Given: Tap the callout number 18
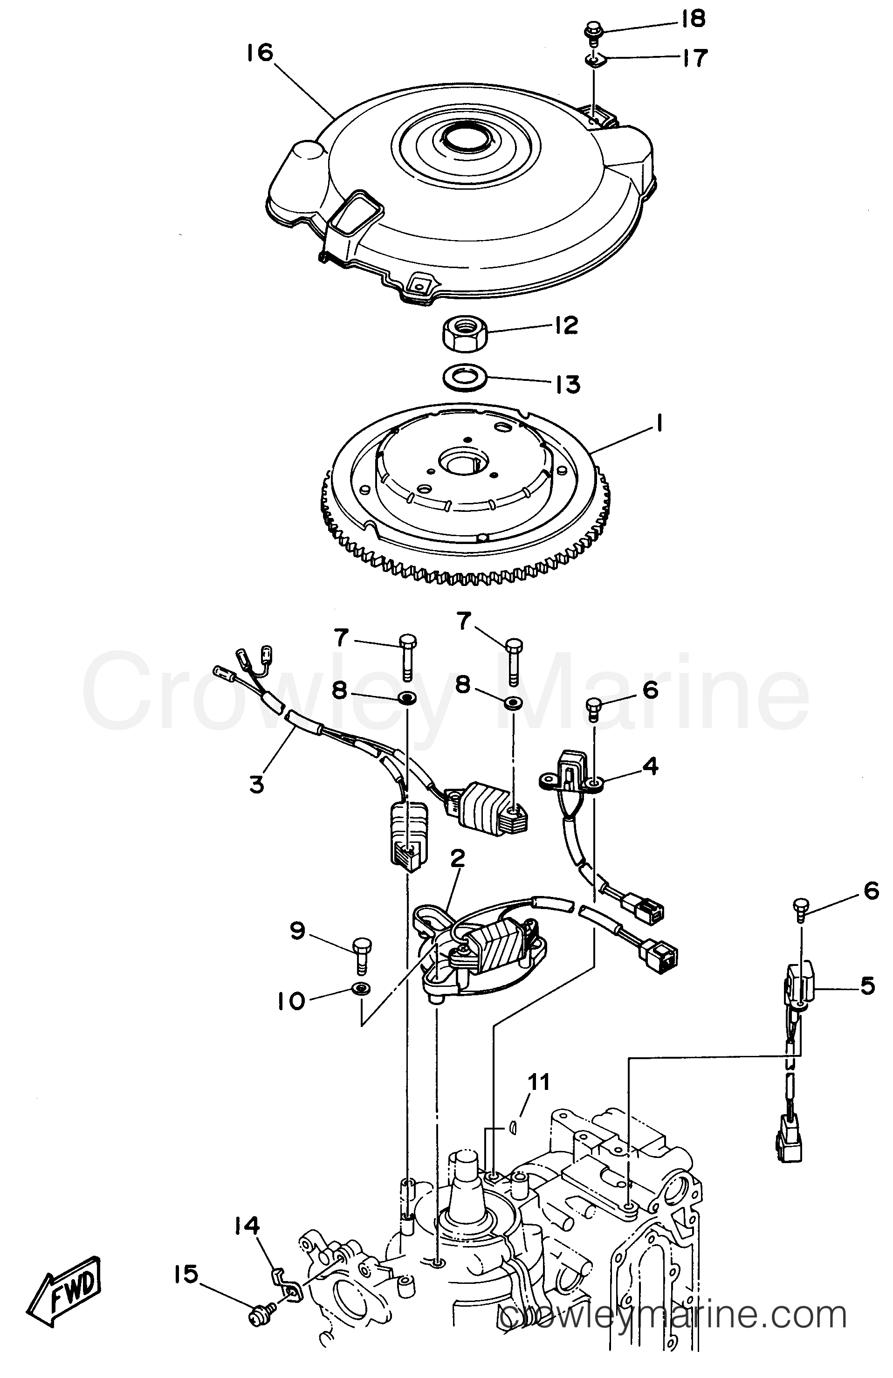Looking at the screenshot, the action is point(692,19).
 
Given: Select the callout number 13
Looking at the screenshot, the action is point(568,385).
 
